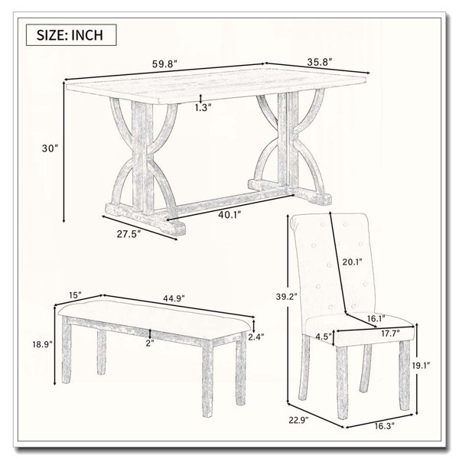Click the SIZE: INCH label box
(x=71, y=35)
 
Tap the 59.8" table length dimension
(x=164, y=64)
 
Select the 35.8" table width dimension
(x=320, y=62)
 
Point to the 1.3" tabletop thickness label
(x=203, y=108)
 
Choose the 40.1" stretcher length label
(x=229, y=215)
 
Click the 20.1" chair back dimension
(x=353, y=262)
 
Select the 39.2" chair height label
(x=287, y=297)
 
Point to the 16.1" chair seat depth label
(x=376, y=318)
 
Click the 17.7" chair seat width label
(x=390, y=333)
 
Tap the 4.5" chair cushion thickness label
(x=324, y=336)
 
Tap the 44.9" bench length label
(x=173, y=298)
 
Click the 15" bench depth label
(x=75, y=295)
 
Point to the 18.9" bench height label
(x=42, y=344)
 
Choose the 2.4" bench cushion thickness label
(x=256, y=337)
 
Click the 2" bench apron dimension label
(x=150, y=343)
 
